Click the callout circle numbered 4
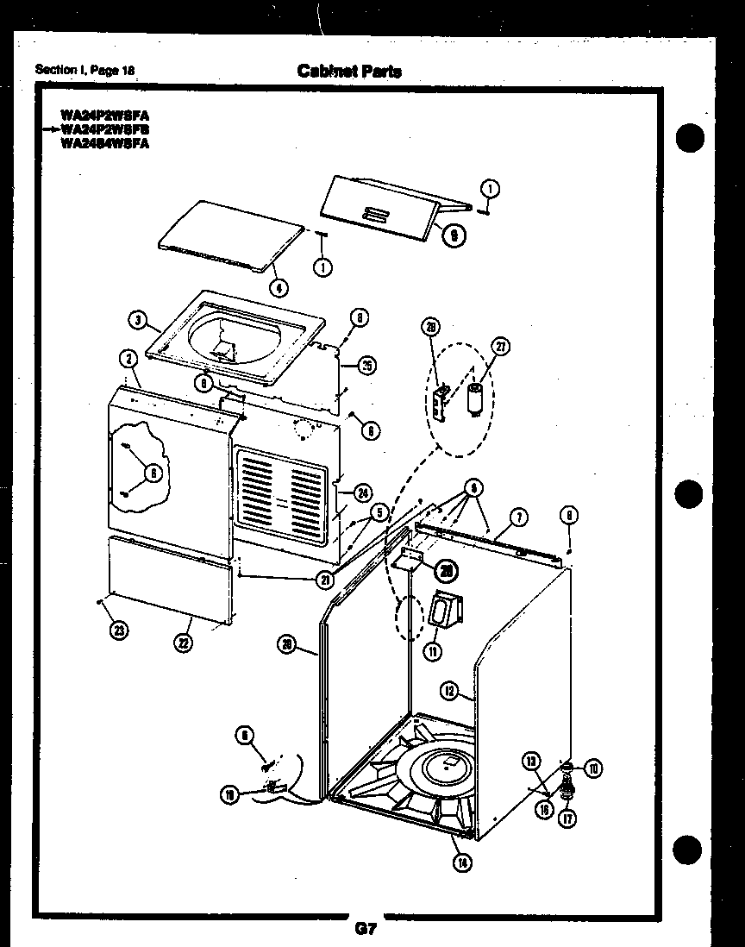[278, 289]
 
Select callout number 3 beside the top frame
[136, 320]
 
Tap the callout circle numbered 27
[500, 347]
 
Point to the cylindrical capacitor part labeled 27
[474, 400]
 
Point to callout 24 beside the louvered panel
[362, 493]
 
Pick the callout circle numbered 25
[366, 365]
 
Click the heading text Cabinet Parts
[348, 71]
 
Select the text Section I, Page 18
[85, 70]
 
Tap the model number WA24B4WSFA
[104, 143]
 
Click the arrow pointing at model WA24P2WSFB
[48, 129]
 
